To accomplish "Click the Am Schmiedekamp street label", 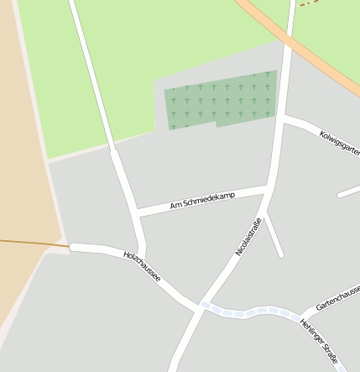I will [202, 200].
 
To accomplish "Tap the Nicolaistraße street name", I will [249, 237].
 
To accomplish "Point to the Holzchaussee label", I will [142, 265].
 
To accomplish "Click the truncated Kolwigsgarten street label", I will [339, 142].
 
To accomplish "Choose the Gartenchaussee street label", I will [337, 297].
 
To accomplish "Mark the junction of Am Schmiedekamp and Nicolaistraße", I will [268, 187].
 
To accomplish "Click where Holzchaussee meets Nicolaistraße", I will [201, 307].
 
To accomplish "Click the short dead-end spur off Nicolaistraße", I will [274, 238].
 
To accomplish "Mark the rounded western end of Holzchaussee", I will [73, 247].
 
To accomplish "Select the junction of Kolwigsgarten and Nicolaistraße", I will [283, 120].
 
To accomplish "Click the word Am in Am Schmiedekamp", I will [175, 205].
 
